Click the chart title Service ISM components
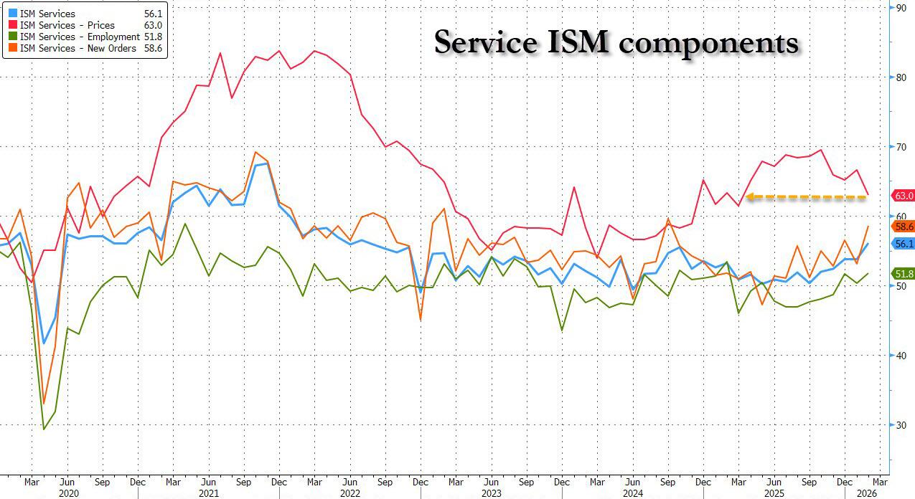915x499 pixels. tap(616, 43)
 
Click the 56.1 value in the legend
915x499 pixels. tap(153, 14)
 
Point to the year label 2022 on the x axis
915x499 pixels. tap(349, 494)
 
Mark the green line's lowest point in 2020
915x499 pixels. tap(44, 429)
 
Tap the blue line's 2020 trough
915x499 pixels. tap(44, 343)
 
